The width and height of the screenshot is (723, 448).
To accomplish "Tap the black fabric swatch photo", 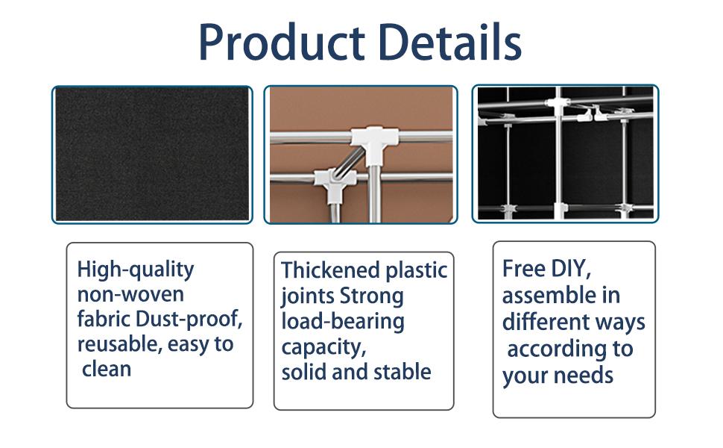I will click(x=152, y=154).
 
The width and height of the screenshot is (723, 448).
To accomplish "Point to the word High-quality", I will click(x=135, y=269).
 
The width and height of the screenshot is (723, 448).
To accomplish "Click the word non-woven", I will click(x=130, y=294).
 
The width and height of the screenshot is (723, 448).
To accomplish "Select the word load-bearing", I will click(x=342, y=321).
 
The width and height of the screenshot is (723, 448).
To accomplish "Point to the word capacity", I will click(x=323, y=347).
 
